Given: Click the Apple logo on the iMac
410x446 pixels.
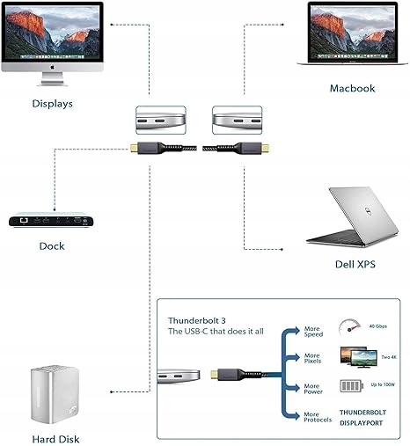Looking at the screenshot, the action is pyautogui.click(x=52, y=68).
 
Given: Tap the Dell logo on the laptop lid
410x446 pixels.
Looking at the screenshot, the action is pyautogui.click(x=367, y=210).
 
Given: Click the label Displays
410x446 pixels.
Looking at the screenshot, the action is pyautogui.click(x=53, y=104).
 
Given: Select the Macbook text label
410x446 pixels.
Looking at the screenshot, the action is pyautogui.click(x=352, y=88).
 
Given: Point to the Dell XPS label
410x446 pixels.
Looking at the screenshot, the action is pyautogui.click(x=355, y=264).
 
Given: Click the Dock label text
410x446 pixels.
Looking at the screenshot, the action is pyautogui.click(x=52, y=246).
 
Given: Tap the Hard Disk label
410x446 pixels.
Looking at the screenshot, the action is pyautogui.click(x=55, y=439).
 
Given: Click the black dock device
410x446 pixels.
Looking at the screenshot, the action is pyautogui.click(x=51, y=220).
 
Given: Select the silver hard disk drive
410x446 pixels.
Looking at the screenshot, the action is pyautogui.click(x=55, y=394).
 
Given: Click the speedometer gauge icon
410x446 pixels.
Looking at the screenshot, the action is pyautogui.click(x=349, y=327).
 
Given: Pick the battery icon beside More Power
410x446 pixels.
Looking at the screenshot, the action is pyautogui.click(x=352, y=385).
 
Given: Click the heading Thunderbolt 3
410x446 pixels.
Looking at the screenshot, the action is pyautogui.click(x=197, y=320).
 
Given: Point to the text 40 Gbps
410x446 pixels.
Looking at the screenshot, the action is pyautogui.click(x=378, y=326).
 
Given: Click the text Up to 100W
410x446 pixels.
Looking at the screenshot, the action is pyautogui.click(x=383, y=384).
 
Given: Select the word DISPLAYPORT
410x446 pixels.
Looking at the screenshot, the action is pyautogui.click(x=362, y=423).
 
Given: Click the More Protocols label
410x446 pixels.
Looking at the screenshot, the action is pyautogui.click(x=318, y=417).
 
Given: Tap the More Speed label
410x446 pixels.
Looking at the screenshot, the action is pyautogui.click(x=313, y=332).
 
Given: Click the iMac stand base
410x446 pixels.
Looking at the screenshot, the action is pyautogui.click(x=52, y=83).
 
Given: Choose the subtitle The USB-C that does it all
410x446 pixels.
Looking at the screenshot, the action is pyautogui.click(x=216, y=332).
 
